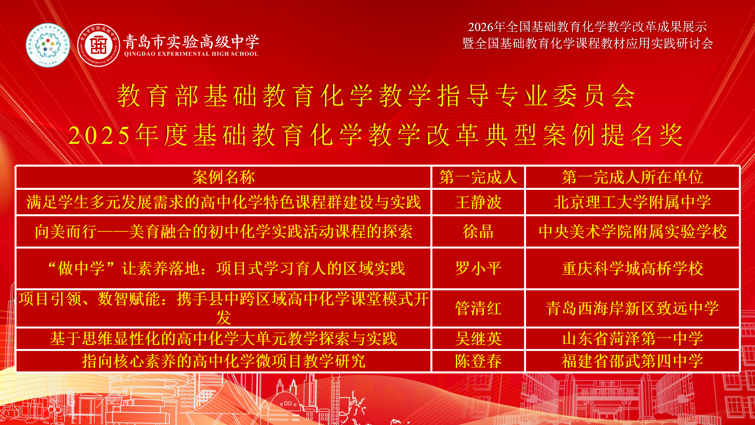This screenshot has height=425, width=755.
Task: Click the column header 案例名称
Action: [223, 177]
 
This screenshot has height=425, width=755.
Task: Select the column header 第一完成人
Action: [478, 177]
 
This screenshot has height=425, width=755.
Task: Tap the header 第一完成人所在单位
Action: [632, 177]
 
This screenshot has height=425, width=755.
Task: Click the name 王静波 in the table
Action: [478, 202]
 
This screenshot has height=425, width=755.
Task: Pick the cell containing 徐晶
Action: [478, 231]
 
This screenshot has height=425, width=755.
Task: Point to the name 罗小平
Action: [478, 268]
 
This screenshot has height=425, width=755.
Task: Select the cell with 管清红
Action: [478, 308]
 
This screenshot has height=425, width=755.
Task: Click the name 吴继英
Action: [478, 338]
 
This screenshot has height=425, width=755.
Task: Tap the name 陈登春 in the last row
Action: [478, 361]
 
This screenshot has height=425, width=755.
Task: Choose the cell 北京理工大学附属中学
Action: [632, 202]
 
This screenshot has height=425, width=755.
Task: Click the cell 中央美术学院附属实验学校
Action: [632, 231]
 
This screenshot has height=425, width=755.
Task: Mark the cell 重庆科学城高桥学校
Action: [632, 268]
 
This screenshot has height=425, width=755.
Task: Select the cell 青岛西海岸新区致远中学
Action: [632, 308]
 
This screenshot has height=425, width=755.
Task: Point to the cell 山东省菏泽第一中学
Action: [632, 338]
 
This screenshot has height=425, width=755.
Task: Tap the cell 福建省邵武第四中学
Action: [632, 361]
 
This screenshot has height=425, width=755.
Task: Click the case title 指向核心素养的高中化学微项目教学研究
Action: [223, 361]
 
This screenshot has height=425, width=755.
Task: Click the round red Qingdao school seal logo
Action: [98, 45]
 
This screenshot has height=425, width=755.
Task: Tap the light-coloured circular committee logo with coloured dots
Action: [48, 45]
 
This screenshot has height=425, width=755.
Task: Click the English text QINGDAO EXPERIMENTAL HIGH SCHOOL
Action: [191, 54]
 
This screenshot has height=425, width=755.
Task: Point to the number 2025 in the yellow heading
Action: [99, 135]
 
